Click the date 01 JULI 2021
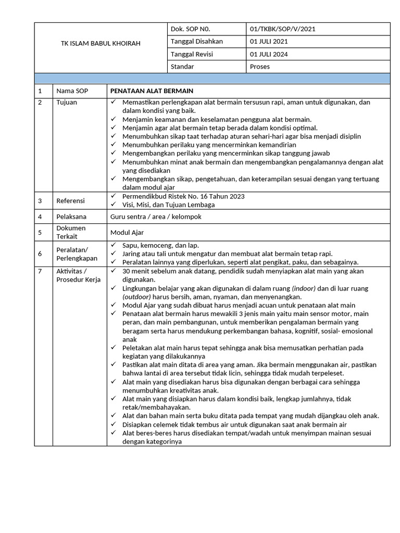269,41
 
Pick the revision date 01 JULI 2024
269,54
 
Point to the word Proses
260,67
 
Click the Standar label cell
182,67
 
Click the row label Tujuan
67,103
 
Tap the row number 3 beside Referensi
40,201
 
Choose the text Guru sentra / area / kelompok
156,217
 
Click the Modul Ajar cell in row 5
127,233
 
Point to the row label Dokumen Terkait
71,232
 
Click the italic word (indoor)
304,288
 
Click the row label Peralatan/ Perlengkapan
77,254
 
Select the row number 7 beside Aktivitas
40,272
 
